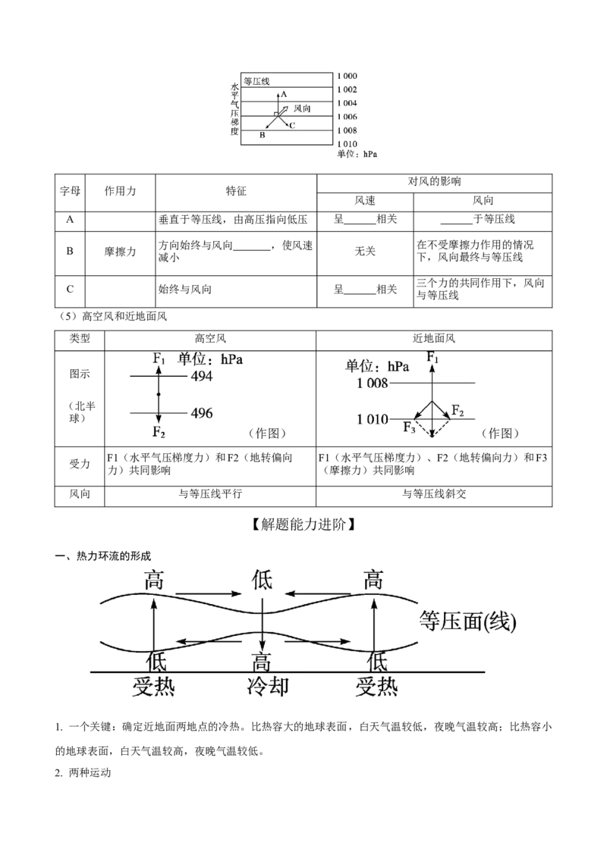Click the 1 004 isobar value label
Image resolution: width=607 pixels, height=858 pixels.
pos(346,103)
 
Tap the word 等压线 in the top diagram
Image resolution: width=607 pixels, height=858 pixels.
pos(256,81)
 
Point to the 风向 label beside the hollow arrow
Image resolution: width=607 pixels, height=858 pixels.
pos(302,108)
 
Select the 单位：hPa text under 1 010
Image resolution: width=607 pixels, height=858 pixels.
pos(357,154)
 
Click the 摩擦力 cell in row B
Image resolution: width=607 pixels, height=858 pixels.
pos(120,252)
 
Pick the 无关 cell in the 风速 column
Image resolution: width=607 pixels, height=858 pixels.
pos(365,251)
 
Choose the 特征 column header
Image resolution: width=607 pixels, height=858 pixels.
pos(236,191)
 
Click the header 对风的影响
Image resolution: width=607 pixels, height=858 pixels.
pos(435,182)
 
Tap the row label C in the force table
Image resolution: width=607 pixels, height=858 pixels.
pos(70,289)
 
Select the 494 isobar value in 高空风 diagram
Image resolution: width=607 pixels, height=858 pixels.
pos(202,376)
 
